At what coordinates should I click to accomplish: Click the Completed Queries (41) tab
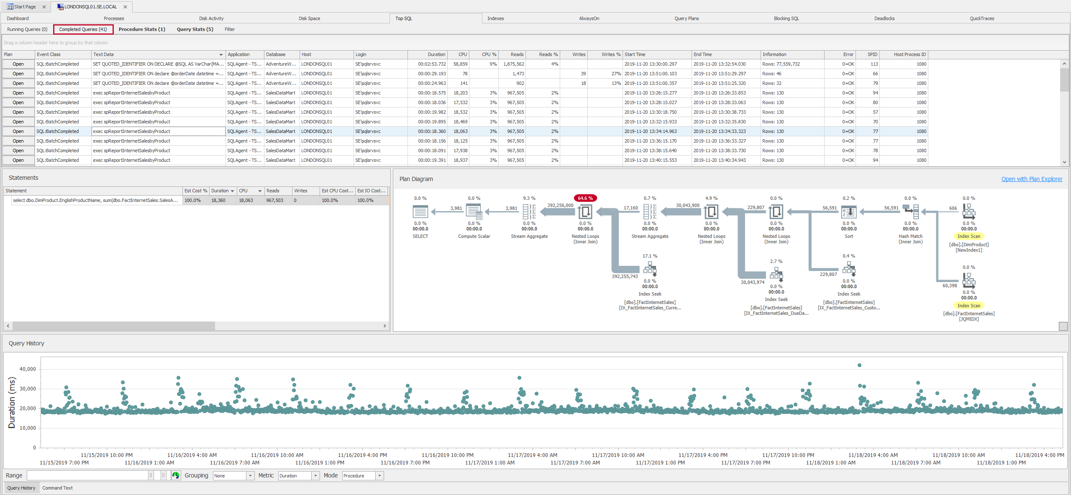coord(83,29)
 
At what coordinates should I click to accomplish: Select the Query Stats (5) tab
coord(195,29)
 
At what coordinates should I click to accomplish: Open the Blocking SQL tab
coord(786,18)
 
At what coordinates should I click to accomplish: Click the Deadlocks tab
coord(884,18)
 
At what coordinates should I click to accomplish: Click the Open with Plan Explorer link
coord(1032,179)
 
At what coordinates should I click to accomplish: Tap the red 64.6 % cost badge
coord(585,198)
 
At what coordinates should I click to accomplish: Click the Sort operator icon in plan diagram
coord(849,212)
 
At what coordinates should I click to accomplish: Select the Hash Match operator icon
coord(910,212)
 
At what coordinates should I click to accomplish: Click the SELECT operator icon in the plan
coord(420,212)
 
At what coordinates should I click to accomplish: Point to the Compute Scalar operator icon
coord(474,212)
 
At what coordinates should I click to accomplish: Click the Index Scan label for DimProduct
coord(969,236)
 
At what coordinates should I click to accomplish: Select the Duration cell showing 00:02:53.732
coord(432,64)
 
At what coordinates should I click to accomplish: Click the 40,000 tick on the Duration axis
coord(28,369)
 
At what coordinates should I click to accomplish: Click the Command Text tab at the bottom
coord(57,488)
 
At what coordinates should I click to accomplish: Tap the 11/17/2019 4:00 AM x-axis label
coord(532,455)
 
